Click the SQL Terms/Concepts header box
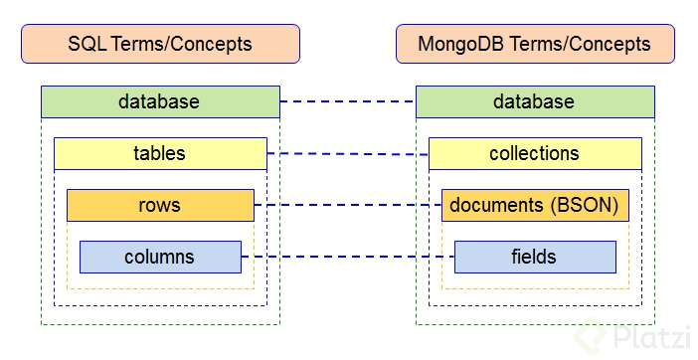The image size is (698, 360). coord(160,44)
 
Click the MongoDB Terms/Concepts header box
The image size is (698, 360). coord(535,44)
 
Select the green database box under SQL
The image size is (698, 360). coord(160,101)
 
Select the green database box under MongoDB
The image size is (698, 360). coord(535,101)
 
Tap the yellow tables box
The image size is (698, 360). coord(160,153)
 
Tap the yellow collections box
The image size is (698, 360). coord(535,153)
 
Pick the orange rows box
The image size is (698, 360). coord(160,205)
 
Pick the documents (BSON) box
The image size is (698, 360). coord(535,205)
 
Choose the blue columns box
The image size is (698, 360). coord(160,257)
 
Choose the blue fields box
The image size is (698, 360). coord(535,257)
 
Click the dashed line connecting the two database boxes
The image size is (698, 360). coord(348,101)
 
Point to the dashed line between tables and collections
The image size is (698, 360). coord(348,154)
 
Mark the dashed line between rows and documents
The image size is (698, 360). coord(348,206)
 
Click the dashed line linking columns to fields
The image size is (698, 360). coord(348,258)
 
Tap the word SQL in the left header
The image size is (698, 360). coord(86,44)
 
